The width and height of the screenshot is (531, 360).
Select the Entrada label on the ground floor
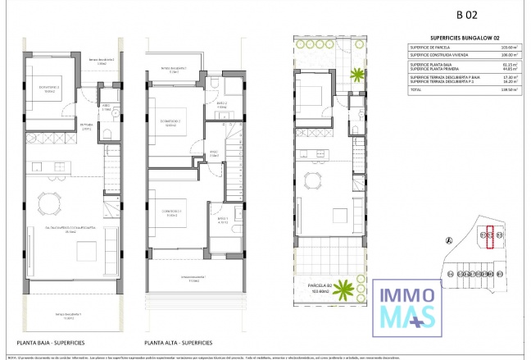(x=86, y=125)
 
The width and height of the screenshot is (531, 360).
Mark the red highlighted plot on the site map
(x=490, y=236)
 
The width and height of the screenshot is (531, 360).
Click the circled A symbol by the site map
(x=447, y=240)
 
